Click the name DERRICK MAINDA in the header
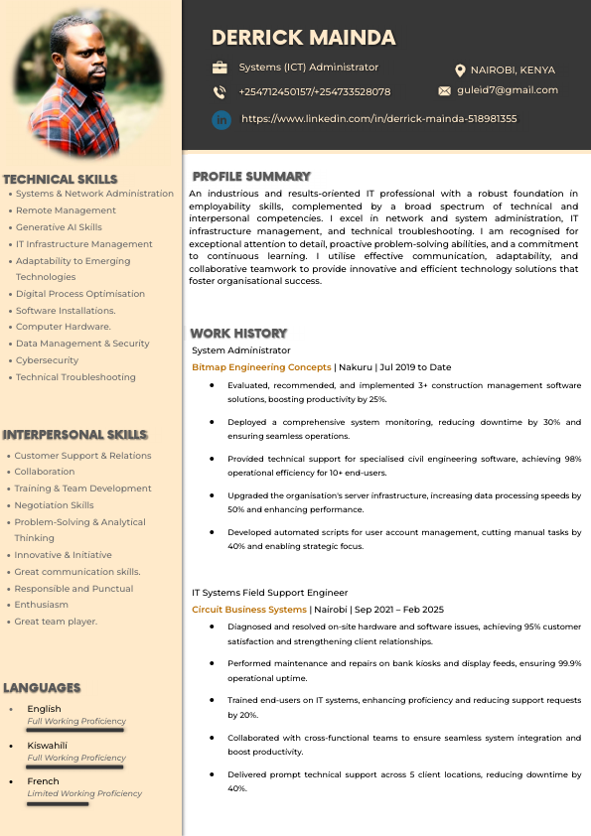click(x=303, y=38)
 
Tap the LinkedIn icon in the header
click(x=221, y=119)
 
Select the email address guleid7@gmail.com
click(x=508, y=90)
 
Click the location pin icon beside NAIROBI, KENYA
click(x=460, y=70)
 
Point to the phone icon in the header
click(x=220, y=92)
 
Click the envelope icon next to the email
click(x=444, y=90)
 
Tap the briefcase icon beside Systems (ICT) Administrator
click(x=220, y=68)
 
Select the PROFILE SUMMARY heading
click(x=251, y=176)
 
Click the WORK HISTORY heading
click(x=238, y=333)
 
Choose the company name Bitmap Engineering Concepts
click(x=261, y=367)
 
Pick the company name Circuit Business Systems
click(x=249, y=609)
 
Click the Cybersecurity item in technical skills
click(x=47, y=360)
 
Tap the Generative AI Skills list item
click(x=59, y=227)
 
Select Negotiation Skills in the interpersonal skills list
click(x=54, y=505)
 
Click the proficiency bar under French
click(x=58, y=804)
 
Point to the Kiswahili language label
click(x=47, y=745)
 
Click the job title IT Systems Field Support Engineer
click(x=269, y=592)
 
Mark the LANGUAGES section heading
click(x=42, y=687)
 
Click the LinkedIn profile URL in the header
click(x=378, y=119)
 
